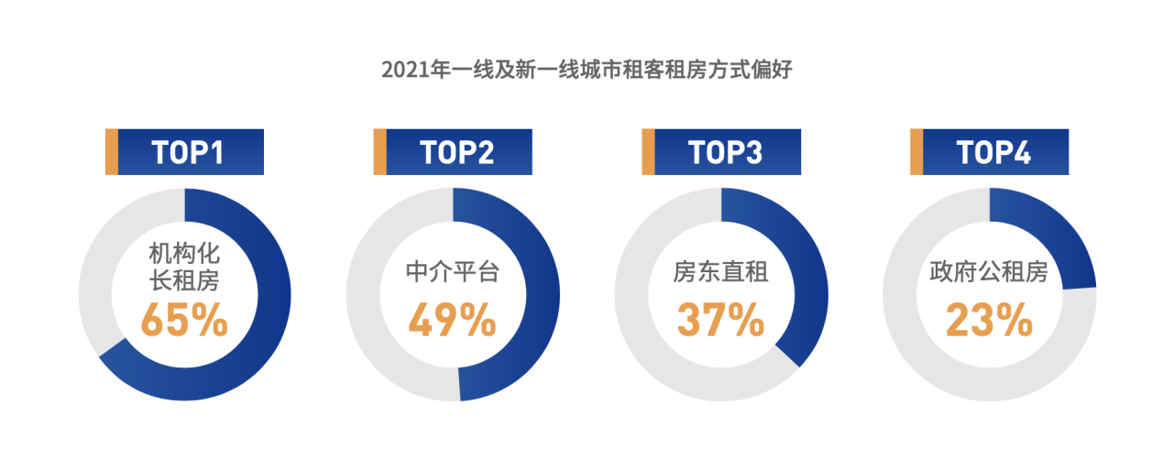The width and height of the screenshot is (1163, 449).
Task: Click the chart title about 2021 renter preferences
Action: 586,71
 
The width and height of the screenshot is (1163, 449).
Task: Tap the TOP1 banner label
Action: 188,152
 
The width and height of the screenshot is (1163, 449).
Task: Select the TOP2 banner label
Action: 456,152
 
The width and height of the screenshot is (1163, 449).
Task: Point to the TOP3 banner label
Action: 725,152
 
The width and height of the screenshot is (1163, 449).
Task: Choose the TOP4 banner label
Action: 993,152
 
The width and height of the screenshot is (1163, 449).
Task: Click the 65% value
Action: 184,320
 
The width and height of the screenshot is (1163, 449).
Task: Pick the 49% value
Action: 452,320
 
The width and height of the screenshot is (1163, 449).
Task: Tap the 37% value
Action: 720,320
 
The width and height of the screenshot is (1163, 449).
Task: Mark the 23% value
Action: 989,320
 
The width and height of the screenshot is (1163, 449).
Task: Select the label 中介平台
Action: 452,272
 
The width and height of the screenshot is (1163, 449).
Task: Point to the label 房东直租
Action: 720,272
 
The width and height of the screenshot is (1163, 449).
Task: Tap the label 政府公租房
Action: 989,272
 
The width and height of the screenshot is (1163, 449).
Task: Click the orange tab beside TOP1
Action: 112,152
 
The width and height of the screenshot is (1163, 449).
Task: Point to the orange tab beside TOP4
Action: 916,152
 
